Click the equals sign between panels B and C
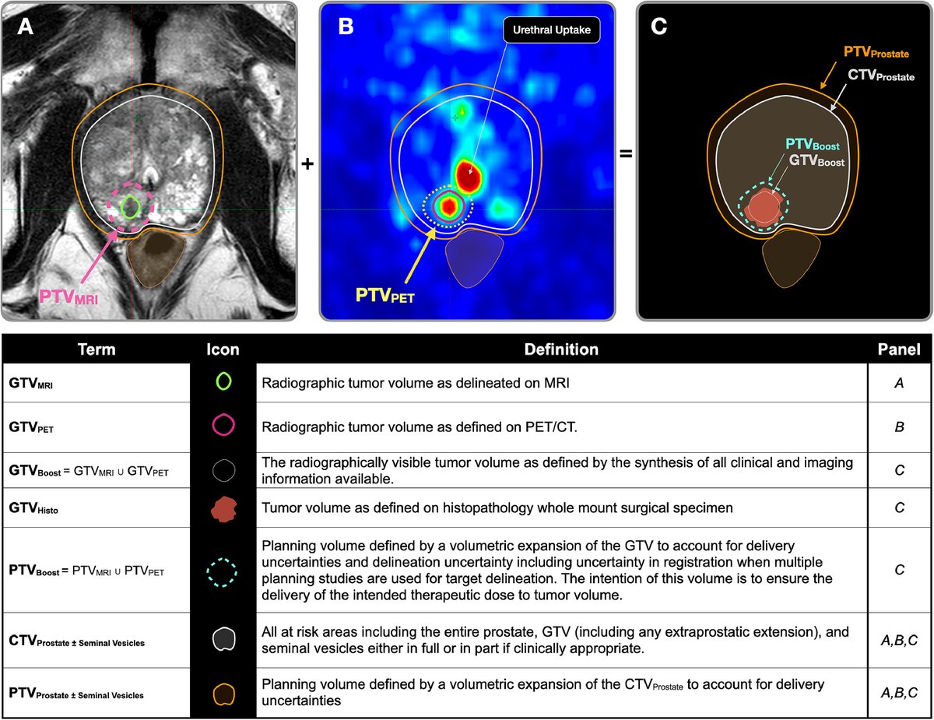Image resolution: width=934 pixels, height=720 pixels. (625, 153)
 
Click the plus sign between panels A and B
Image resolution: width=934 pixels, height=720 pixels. (308, 164)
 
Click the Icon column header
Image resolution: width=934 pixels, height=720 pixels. (223, 349)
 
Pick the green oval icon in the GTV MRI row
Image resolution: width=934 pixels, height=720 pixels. (223, 381)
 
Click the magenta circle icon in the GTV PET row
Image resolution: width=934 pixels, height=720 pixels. (223, 425)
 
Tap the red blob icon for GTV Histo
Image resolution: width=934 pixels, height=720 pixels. (223, 508)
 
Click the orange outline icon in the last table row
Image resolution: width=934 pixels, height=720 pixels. (223, 693)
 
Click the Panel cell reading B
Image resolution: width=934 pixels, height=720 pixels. (901, 427)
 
